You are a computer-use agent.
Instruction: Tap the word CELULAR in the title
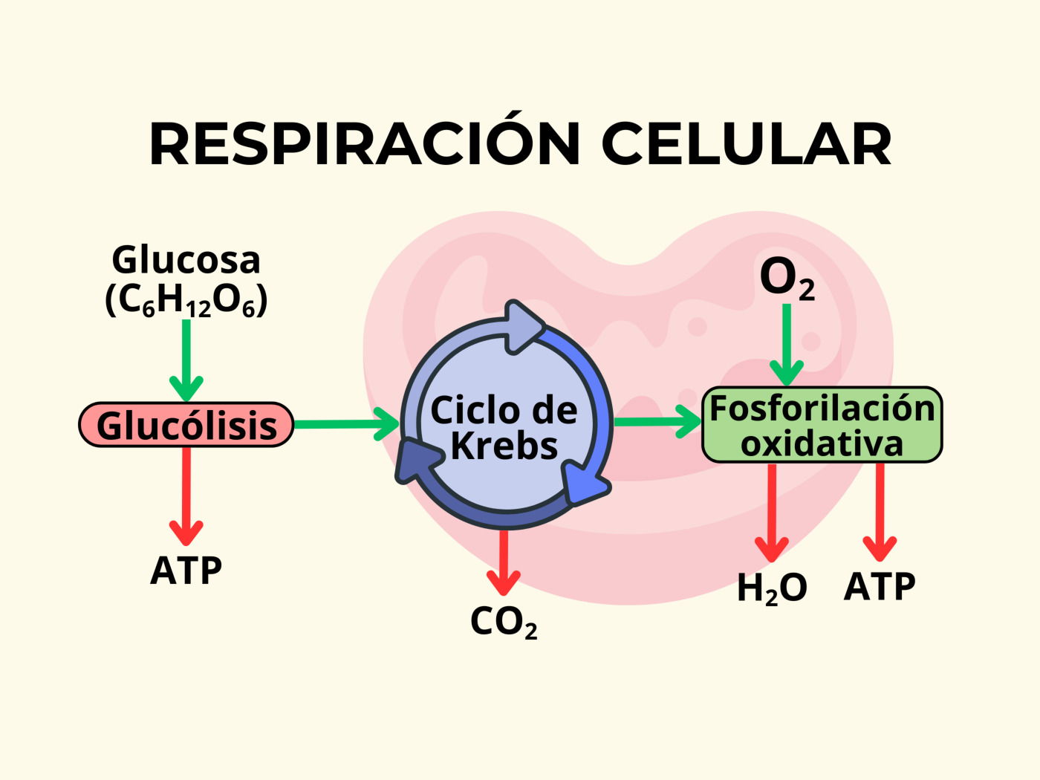pos(746,143)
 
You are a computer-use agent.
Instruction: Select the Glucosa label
pos(186,260)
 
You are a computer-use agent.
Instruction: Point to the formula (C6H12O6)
pos(186,301)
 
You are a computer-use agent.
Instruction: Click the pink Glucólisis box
pos(186,426)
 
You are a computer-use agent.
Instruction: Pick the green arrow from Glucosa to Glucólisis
pos(186,357)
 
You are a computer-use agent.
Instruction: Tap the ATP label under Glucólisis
pos(186,571)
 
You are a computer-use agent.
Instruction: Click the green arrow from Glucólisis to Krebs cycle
pos(345,424)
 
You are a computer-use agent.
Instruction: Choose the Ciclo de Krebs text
pos(504,428)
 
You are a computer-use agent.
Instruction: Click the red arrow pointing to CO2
pos(504,561)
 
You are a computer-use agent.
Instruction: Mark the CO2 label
pos(504,623)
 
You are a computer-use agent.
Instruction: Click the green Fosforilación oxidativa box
pos(822,426)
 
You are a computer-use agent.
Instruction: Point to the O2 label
pos(787,279)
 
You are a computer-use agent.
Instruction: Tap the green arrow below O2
pos(787,345)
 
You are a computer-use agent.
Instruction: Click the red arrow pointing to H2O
pos(772,513)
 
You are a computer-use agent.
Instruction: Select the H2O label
pos(772,588)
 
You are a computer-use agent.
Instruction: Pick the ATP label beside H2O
pos(880,587)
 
